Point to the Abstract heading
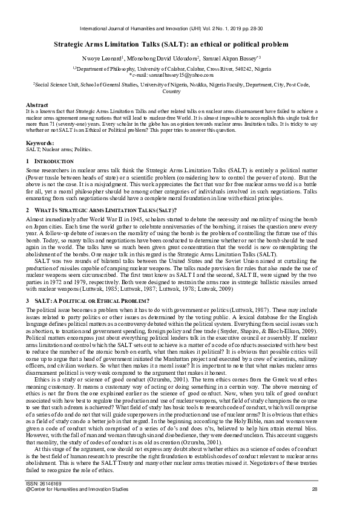coord(37,105)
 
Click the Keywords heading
coord(40,142)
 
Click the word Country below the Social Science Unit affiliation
coord(172,92)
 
